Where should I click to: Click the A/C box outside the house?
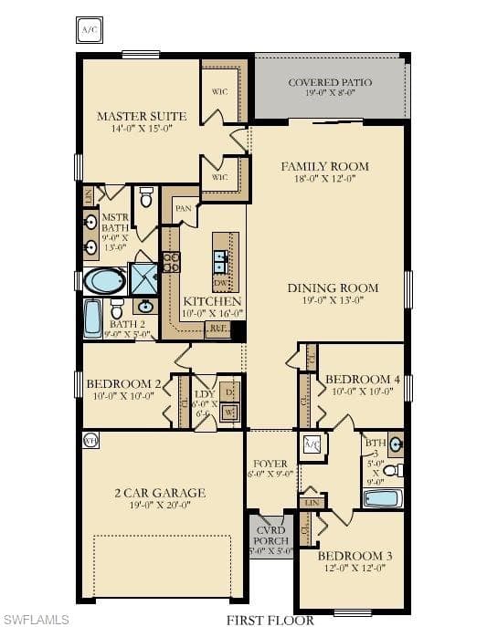coord(89,30)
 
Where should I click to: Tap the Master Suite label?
coord(142,116)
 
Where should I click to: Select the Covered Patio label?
coord(330,82)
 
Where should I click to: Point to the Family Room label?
coord(324,166)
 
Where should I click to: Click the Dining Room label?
coord(333,287)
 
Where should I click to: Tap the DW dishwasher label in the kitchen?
coord(221,283)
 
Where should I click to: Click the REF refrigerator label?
coord(218,327)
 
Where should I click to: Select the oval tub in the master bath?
coord(105,280)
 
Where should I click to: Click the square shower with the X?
coord(143,278)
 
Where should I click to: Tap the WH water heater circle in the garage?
coord(90,440)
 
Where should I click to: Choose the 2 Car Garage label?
coord(159,493)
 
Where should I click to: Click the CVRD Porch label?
coord(270,535)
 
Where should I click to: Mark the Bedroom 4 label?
coord(363,379)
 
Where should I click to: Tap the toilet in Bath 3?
coord(391,471)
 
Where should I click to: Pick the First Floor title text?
coord(270,621)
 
